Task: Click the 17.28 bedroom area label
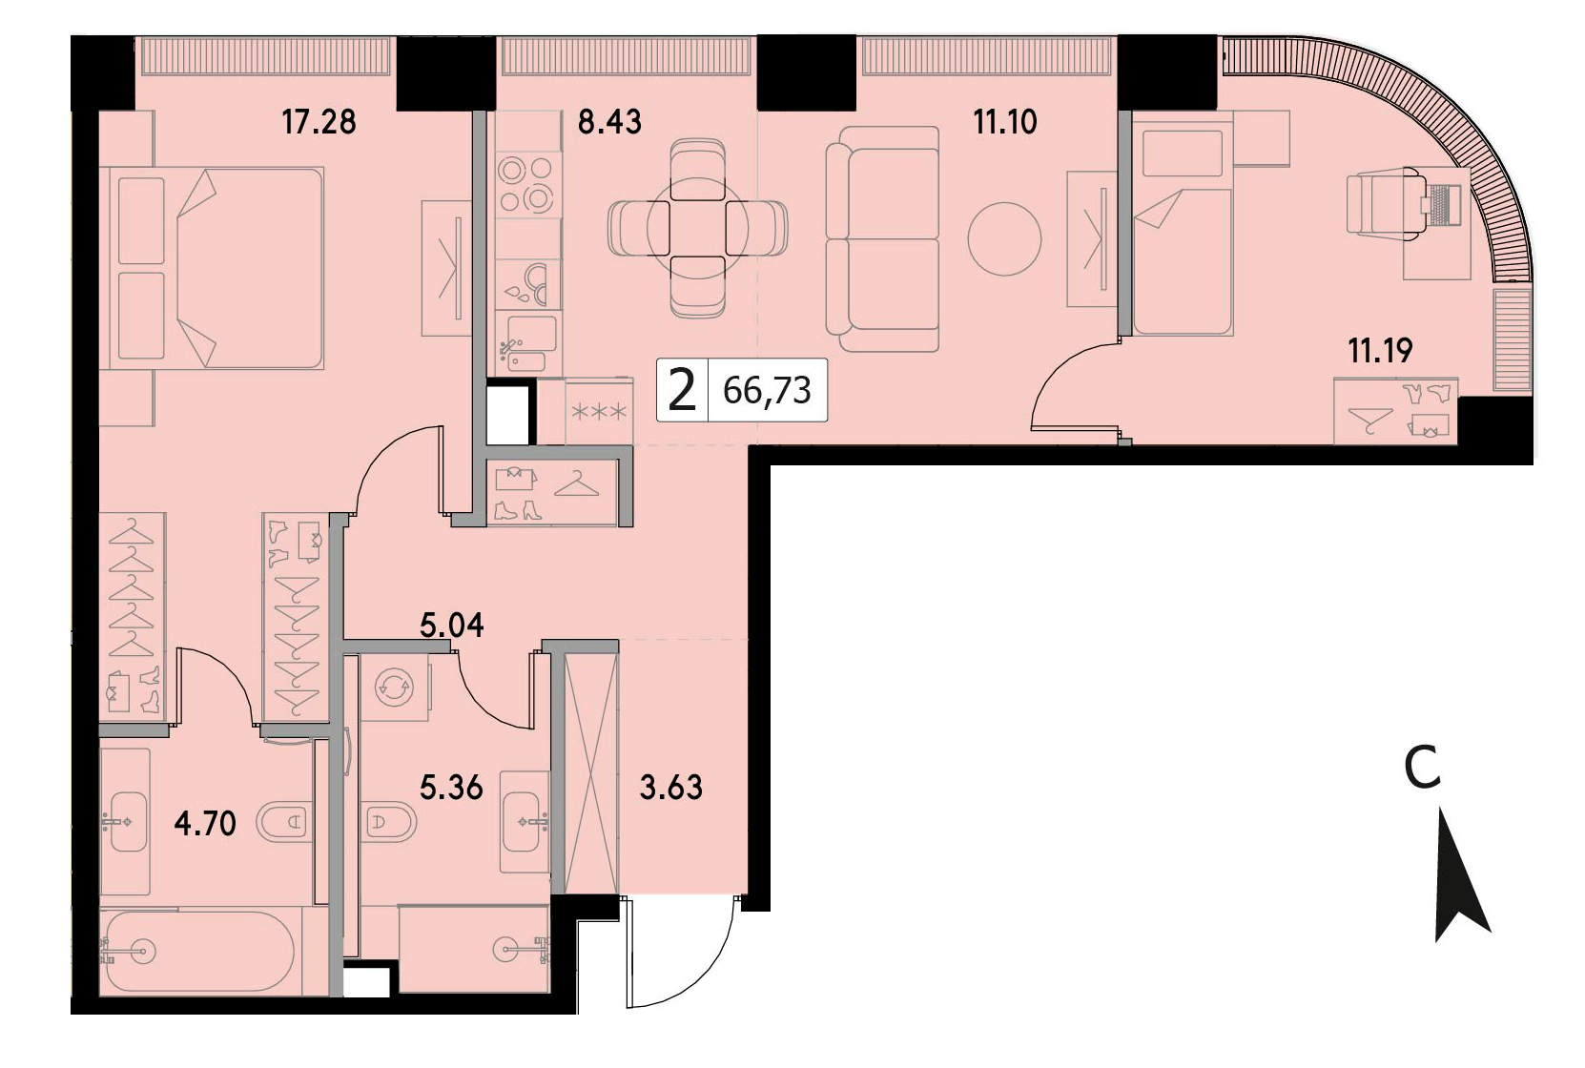[x=319, y=122]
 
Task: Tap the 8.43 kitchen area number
[x=609, y=122]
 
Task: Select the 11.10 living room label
[x=1005, y=122]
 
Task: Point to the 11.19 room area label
[x=1380, y=351]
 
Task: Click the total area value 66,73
[x=767, y=390]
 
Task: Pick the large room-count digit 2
[x=682, y=390]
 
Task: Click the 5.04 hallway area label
[x=451, y=626]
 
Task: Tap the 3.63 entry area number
[x=670, y=788]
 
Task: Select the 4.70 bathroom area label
[x=204, y=824]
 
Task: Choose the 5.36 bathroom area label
[x=451, y=788]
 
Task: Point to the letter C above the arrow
[x=1422, y=768]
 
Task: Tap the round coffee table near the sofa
[x=1004, y=238]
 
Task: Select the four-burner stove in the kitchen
[x=525, y=185]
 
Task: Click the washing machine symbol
[x=394, y=686]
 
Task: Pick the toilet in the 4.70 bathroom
[x=283, y=822]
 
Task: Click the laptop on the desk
[x=1441, y=205]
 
